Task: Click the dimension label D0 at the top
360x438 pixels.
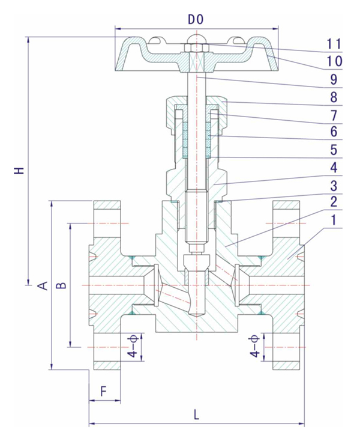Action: coord(196,19)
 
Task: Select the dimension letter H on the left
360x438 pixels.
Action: coord(21,171)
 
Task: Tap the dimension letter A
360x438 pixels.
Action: coord(43,284)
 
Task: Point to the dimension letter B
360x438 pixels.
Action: coord(61,284)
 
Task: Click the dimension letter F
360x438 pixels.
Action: coord(104,391)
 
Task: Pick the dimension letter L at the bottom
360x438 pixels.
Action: coord(196,415)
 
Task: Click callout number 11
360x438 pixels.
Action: coord(334,44)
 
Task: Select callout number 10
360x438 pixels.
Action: coord(334,61)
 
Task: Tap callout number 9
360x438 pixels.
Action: coord(334,79)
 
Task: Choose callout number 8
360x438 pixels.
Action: coord(334,96)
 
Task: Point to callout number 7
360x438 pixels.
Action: coord(334,114)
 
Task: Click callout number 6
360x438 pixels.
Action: coord(334,131)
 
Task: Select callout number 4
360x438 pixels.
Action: coord(334,166)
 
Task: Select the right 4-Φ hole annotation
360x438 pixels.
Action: coord(256,347)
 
